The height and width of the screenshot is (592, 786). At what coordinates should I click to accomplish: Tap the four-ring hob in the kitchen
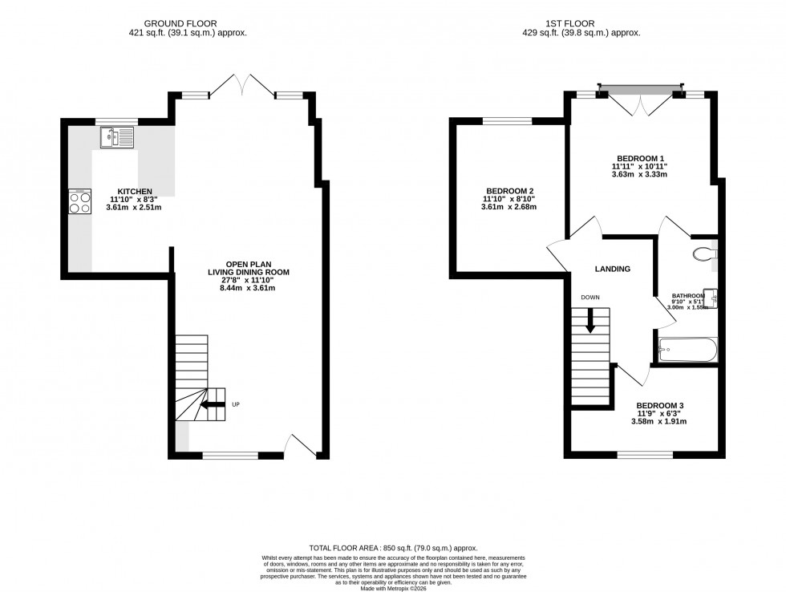[x=80, y=201]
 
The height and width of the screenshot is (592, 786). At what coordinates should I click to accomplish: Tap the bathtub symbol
[x=687, y=350]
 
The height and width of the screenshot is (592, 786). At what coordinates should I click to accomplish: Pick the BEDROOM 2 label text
[x=508, y=191]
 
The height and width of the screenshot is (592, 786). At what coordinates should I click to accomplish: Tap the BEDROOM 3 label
[x=660, y=406]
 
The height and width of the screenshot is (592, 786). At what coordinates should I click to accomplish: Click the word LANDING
[x=612, y=269]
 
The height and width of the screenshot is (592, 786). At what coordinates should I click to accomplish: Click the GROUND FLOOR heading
[x=187, y=23]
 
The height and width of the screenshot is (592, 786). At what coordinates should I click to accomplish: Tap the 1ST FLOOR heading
[x=580, y=23]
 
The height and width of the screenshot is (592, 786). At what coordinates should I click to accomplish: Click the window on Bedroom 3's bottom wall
[x=644, y=455]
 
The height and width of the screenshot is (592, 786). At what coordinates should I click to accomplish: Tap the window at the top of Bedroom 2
[x=506, y=122]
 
